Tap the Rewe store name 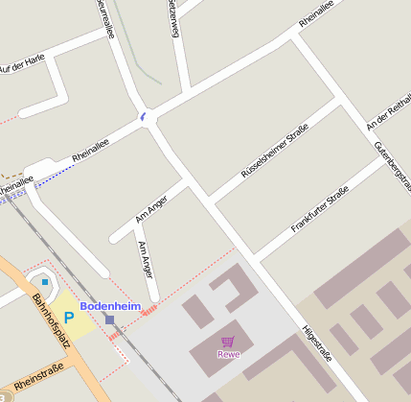coord(228,353)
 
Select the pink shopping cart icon coord(228,341)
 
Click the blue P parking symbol coord(69,316)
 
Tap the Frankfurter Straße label coord(319,213)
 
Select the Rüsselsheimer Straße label coord(274,152)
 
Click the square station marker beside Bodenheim coord(110,319)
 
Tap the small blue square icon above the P coord(44,282)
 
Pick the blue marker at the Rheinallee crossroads coord(143,117)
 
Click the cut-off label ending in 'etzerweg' coord(172,16)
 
